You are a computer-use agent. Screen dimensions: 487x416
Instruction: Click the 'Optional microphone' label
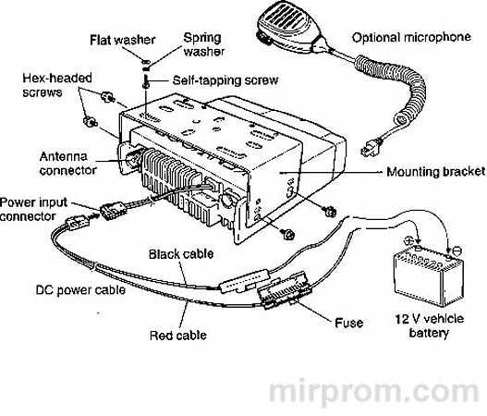(411, 37)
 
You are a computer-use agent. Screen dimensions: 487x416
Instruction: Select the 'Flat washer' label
(123, 40)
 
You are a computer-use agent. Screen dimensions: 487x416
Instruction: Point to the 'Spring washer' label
(203, 44)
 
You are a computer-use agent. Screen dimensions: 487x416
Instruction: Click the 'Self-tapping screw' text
(225, 80)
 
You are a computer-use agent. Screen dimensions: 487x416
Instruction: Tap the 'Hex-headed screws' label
(57, 85)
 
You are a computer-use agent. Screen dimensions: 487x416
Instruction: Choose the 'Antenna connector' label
(68, 163)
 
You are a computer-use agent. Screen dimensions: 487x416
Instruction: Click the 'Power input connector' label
(33, 209)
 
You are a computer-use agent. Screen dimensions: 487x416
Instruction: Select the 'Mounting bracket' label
(435, 172)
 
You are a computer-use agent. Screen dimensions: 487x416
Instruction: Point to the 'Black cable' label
(181, 254)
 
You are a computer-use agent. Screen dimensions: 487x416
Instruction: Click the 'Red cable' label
(178, 336)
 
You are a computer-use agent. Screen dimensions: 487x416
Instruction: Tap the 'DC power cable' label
(80, 290)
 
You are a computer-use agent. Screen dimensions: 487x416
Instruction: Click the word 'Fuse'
(348, 323)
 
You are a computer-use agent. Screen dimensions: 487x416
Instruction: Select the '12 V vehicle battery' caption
(430, 325)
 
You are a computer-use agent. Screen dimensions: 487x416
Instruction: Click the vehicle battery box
(429, 275)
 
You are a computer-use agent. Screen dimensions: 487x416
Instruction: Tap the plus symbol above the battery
(409, 240)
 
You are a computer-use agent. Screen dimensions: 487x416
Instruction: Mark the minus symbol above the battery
(457, 251)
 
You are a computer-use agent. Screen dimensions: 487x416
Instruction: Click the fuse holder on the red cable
(285, 290)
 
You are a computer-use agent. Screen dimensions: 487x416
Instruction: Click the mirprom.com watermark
(373, 393)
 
